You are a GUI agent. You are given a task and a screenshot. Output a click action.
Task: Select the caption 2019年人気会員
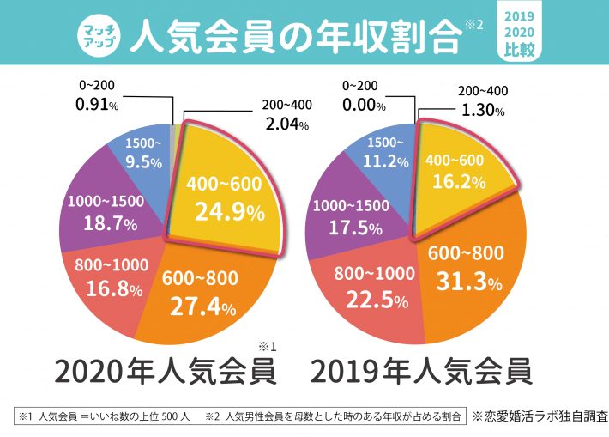tap(420, 372)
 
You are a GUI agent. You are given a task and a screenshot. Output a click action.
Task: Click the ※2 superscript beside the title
tap(473, 23)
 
